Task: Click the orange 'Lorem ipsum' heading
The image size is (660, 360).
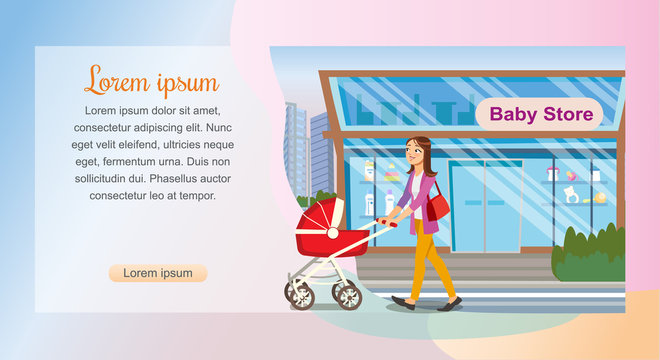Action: (151, 79)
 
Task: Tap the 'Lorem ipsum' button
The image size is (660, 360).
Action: (157, 273)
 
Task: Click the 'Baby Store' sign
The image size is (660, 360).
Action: (541, 114)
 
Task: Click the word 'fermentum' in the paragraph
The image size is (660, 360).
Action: (141, 161)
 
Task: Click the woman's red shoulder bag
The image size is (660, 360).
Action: (437, 207)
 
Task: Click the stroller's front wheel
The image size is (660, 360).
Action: (346, 294)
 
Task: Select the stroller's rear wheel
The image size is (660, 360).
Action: (299, 293)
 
